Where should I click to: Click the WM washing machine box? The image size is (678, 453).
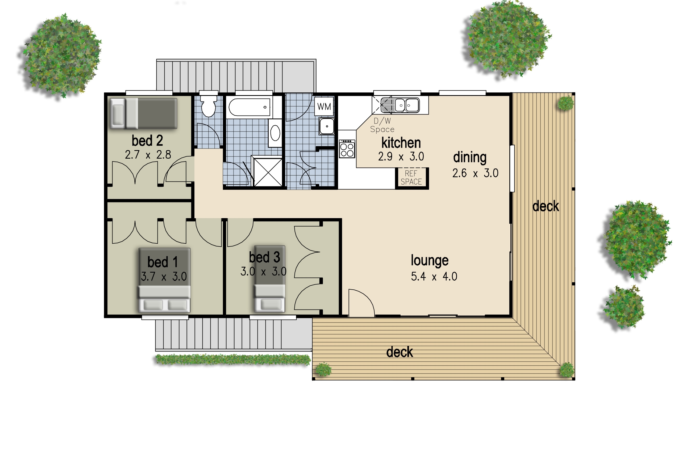[x=324, y=106]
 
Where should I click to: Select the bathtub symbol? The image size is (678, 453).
[x=249, y=107]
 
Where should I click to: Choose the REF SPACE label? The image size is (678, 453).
[x=411, y=178]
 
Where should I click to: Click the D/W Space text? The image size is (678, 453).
[x=382, y=125]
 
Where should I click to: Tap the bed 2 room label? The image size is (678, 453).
[x=147, y=141]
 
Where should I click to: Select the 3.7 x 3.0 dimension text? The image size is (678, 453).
[x=164, y=277]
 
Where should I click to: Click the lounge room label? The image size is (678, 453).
[x=430, y=260]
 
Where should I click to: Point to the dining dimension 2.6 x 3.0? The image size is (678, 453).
[x=475, y=173]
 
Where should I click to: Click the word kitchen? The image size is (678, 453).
[x=401, y=143]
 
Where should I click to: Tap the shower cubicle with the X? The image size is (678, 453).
[x=268, y=172]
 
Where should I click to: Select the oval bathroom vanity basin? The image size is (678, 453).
[x=275, y=133]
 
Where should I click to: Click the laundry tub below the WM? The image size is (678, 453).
[x=327, y=126]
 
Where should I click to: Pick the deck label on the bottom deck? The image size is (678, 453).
[x=400, y=352]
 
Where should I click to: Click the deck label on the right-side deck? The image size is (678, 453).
[x=546, y=206]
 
